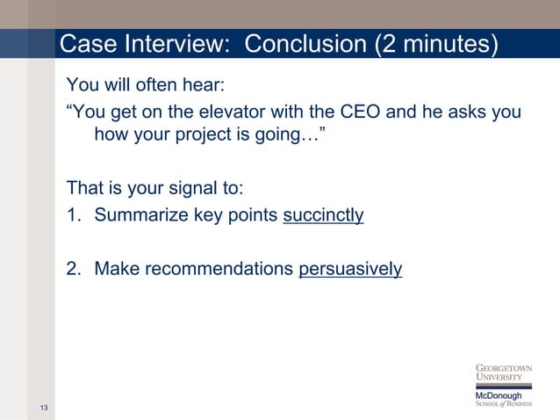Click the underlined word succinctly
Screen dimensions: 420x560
click(323, 215)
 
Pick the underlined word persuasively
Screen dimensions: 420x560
click(350, 269)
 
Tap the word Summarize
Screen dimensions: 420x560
click(140, 215)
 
